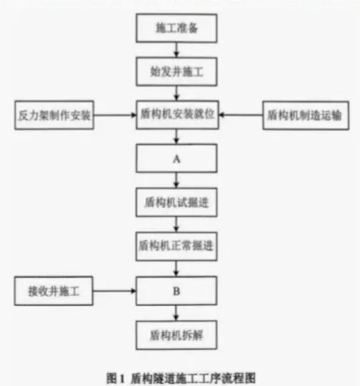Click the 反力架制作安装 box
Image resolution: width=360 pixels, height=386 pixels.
point(54,114)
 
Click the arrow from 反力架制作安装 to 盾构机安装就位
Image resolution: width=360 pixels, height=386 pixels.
point(115,114)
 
